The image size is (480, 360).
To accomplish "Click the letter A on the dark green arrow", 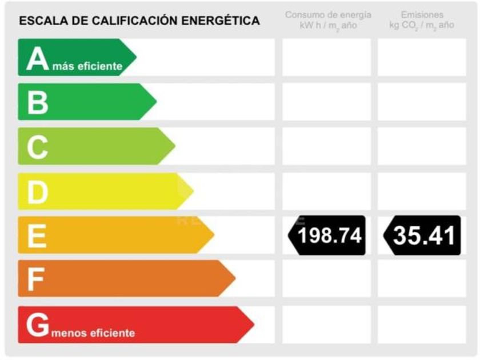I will [38, 59].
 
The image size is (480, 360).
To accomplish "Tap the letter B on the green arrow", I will [38, 103].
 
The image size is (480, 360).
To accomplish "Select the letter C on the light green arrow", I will [38, 148].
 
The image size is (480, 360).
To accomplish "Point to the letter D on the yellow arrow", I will [38, 193].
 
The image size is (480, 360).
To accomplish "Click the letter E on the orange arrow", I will [37, 235].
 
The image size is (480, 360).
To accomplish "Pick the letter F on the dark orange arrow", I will [36, 280].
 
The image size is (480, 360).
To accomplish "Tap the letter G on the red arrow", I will [38, 325].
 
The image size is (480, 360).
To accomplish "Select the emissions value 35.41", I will [424, 235].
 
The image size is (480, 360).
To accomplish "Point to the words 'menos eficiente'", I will [93, 333].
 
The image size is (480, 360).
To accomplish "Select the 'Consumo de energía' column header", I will [327, 15].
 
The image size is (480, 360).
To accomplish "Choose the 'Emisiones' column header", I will [422, 15].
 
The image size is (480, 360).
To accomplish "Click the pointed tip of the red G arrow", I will [253, 325].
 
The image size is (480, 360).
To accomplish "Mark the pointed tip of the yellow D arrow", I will [193, 191].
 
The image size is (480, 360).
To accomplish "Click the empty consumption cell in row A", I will [326, 57].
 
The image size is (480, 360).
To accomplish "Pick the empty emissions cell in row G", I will [422, 325].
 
